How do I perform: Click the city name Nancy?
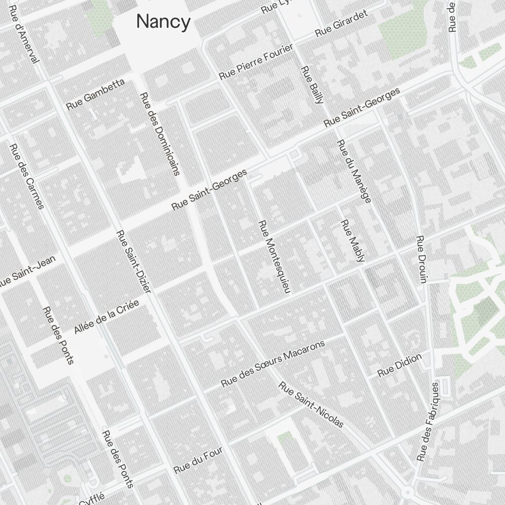163,22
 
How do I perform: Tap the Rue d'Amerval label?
24,35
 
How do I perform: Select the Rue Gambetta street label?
95,94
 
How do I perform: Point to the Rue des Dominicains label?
160,133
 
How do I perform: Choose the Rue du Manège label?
353,171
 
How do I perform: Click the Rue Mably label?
352,241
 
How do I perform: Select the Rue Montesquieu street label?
275,257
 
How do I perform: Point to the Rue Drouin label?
421,259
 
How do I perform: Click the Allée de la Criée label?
106,317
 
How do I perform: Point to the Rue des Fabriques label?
428,422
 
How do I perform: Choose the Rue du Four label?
198,461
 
